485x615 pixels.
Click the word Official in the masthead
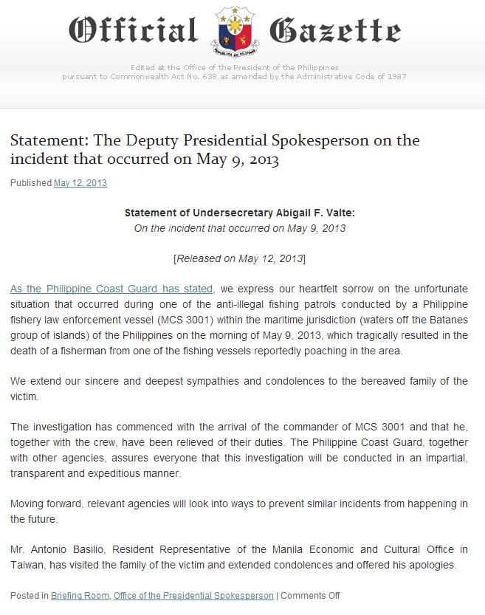(x=133, y=31)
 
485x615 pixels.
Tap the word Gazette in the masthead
(x=336, y=31)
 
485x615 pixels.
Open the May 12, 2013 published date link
(x=80, y=182)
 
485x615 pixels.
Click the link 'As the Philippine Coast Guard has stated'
(x=112, y=289)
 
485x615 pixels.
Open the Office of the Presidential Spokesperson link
(x=193, y=595)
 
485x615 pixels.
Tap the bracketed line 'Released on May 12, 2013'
(x=239, y=258)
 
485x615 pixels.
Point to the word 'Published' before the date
(x=30, y=182)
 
